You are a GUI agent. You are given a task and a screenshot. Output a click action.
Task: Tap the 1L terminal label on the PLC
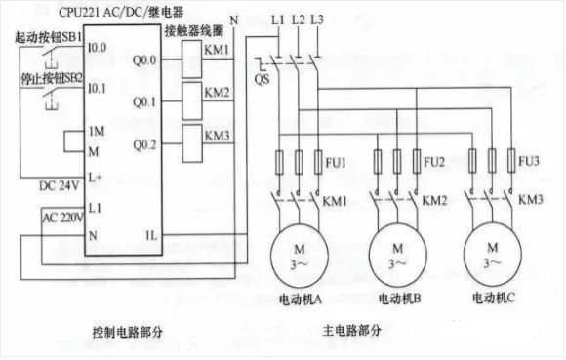coord(151,235)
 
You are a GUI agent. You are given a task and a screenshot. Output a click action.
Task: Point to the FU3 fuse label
coord(530,158)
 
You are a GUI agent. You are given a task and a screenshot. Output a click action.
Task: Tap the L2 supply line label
coord(298,19)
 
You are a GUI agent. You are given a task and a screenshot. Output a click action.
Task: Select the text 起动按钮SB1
coord(45,36)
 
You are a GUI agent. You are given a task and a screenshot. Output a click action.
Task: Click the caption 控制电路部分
coord(127,333)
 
